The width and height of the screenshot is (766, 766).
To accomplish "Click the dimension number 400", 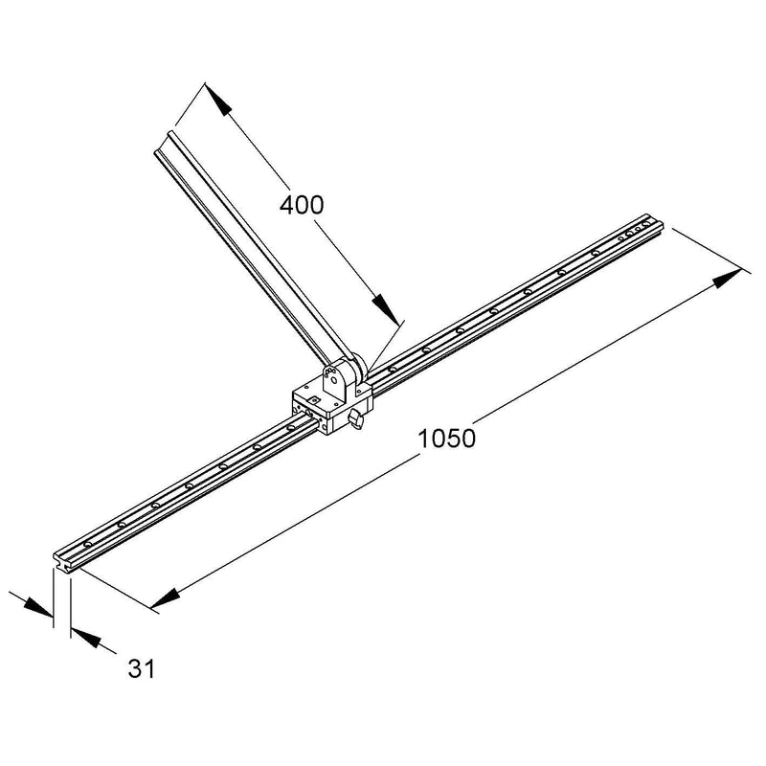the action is (x=302, y=205).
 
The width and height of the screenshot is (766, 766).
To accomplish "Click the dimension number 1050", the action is (x=446, y=439).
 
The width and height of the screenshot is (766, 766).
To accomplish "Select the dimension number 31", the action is (x=141, y=668).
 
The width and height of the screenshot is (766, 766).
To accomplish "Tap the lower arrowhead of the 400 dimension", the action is (x=386, y=308).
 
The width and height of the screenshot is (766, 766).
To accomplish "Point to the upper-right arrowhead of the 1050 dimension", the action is (x=728, y=278).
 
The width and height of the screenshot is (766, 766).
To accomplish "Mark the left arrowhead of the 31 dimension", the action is (x=37, y=606).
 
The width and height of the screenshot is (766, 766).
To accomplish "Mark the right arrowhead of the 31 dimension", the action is (x=86, y=639).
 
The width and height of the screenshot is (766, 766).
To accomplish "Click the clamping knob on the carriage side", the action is (x=355, y=418).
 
